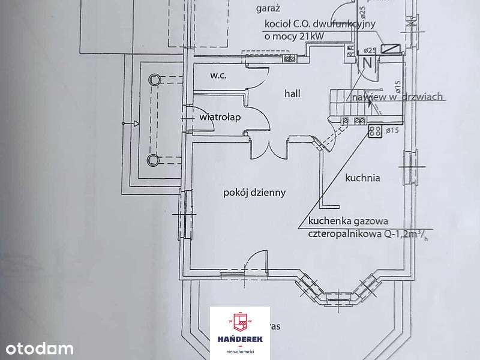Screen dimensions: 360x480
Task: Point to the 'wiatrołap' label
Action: click(220, 118)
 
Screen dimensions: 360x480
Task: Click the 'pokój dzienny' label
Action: click(254, 193)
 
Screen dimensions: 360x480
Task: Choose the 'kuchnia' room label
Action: click(363, 178)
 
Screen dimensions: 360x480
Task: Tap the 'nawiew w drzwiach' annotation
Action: click(397, 97)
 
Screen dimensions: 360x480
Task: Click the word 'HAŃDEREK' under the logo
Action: click(240, 340)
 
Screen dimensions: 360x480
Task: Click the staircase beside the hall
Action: click(348, 102)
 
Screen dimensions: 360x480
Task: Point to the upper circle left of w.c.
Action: click(154, 79)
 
